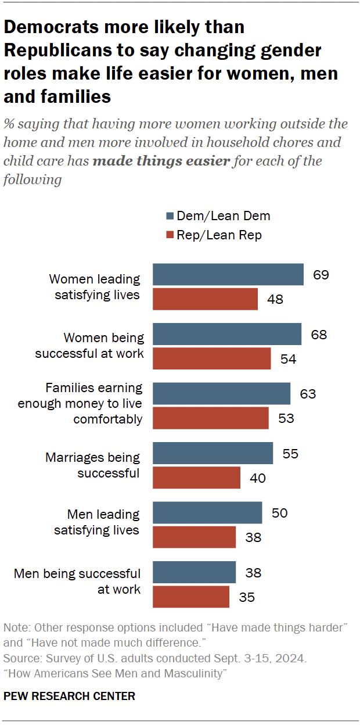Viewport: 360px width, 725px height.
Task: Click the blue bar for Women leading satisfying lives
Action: [228, 275]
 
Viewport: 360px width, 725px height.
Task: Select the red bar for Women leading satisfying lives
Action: [205, 299]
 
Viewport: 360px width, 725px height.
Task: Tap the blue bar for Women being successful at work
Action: [226, 335]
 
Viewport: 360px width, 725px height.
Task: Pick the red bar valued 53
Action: [210, 418]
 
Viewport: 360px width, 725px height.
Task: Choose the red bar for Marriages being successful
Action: [196, 478]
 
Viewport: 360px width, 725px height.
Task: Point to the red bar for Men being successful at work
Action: [190, 597]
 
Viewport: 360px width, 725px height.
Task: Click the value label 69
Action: [321, 275]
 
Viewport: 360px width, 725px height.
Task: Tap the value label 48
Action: [275, 299]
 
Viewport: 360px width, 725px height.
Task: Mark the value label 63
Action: [308, 394]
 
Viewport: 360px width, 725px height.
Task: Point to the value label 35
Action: [247, 597]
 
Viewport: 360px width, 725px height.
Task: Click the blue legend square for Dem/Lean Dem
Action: [170, 216]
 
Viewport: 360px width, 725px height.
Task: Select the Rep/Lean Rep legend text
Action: [220, 235]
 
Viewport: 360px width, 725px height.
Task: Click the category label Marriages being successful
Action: [93, 465]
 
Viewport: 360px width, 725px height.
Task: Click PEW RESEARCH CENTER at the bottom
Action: [69, 696]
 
